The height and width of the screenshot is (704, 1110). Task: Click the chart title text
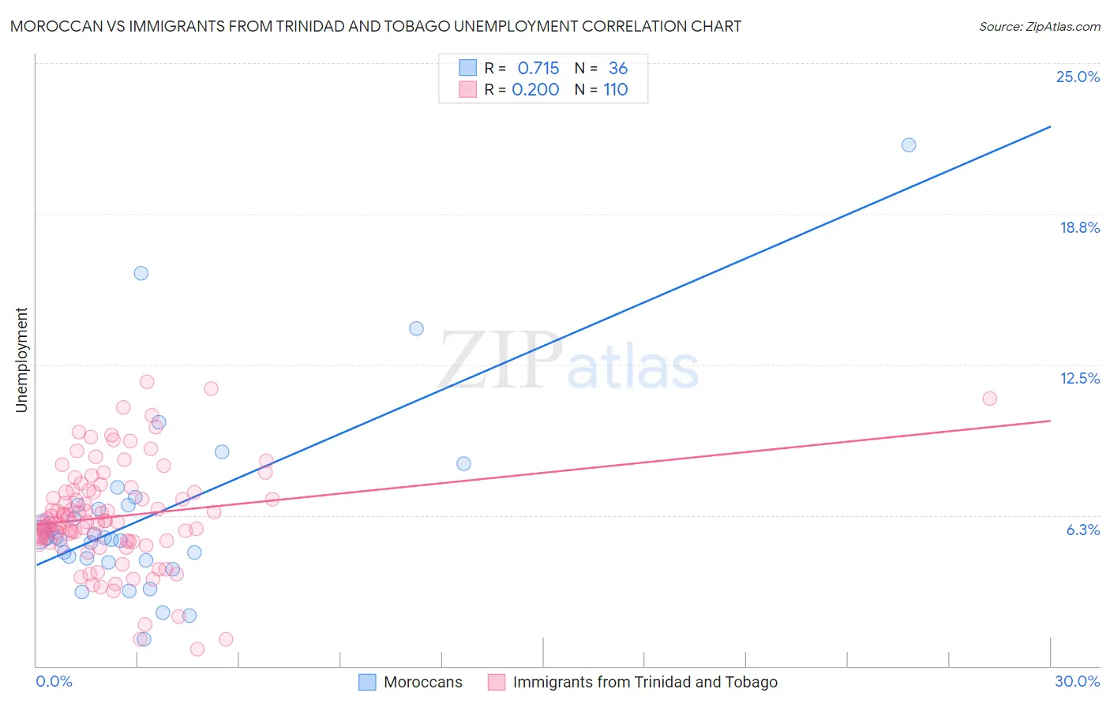pyautogui.click(x=376, y=26)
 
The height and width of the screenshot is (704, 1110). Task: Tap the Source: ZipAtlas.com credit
pyautogui.click(x=1039, y=26)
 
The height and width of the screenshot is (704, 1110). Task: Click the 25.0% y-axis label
pyautogui.click(x=1078, y=77)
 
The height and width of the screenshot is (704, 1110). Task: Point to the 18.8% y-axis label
pyautogui.click(x=1079, y=227)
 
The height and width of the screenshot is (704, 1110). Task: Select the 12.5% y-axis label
pyautogui.click(x=1079, y=378)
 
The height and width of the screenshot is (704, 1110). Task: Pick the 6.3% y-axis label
pyautogui.click(x=1082, y=530)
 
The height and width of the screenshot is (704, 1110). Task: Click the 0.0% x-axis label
pyautogui.click(x=54, y=681)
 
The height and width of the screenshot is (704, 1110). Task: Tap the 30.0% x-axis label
pyautogui.click(x=1077, y=681)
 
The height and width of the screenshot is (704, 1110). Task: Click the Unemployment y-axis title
pyautogui.click(x=21, y=360)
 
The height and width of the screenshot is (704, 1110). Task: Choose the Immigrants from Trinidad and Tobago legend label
pyautogui.click(x=644, y=682)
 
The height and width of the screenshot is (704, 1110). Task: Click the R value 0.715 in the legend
pyautogui.click(x=538, y=69)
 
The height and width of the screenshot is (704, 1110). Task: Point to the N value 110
pyautogui.click(x=616, y=90)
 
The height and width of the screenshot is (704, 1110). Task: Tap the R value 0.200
pyautogui.click(x=535, y=90)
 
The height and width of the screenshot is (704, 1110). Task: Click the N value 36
pyautogui.click(x=618, y=69)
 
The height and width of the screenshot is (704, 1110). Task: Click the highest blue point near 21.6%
pyautogui.click(x=909, y=144)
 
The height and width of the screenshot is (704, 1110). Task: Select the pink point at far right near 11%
pyautogui.click(x=989, y=399)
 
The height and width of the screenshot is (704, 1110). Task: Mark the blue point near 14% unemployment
pyautogui.click(x=416, y=328)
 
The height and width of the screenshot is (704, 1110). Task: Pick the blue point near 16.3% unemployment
pyautogui.click(x=141, y=273)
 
